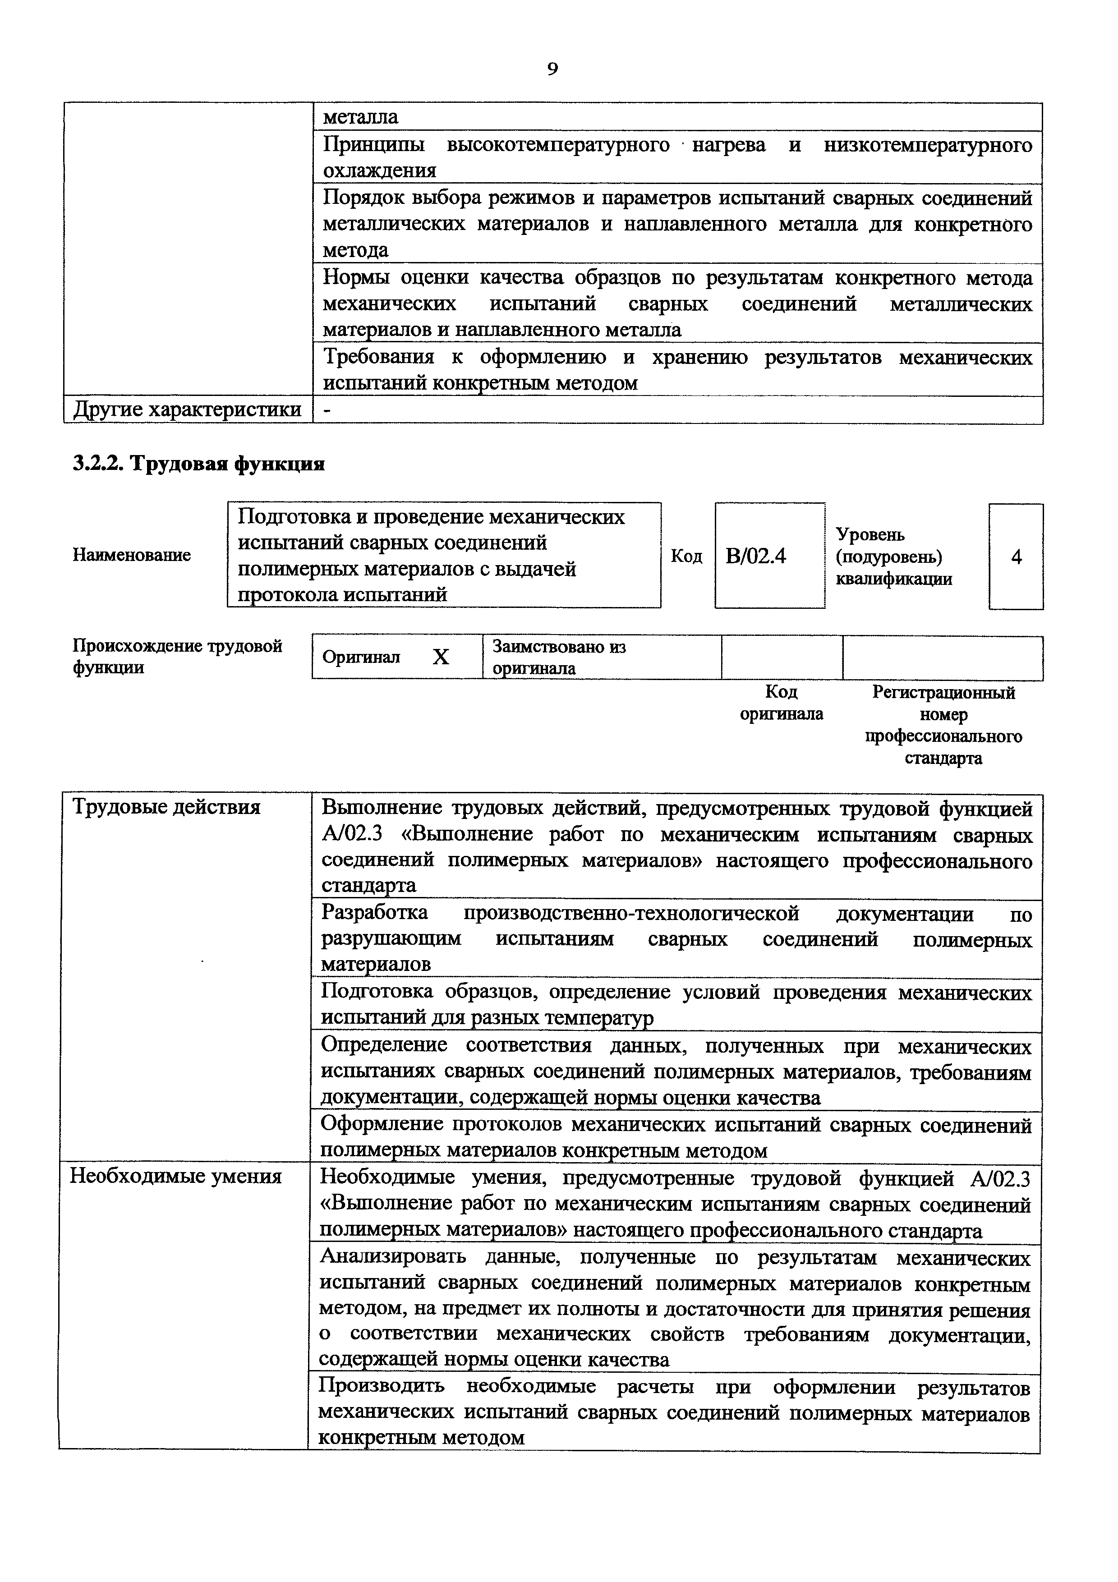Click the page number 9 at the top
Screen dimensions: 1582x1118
tap(552, 69)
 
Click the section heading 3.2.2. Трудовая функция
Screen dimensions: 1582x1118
tap(198, 464)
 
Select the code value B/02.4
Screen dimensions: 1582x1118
tap(756, 556)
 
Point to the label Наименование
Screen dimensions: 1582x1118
tap(132, 555)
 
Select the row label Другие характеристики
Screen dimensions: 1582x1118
tap(187, 410)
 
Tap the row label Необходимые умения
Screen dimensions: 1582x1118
tap(176, 1176)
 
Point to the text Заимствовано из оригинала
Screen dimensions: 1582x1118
tap(559, 658)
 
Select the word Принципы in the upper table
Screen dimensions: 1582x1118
tap(373, 145)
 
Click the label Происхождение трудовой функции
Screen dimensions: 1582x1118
tap(178, 657)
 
